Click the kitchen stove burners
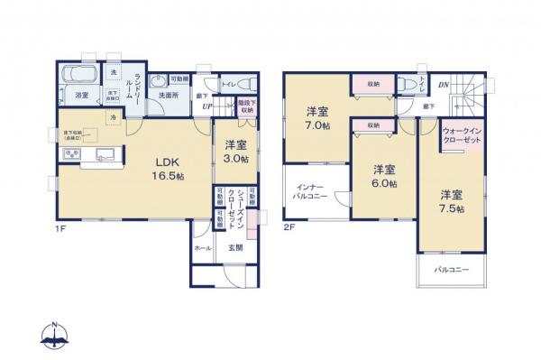tap(69, 155)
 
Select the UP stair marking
tap(207, 106)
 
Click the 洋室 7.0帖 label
tap(316, 118)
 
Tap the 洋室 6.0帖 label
tap(384, 175)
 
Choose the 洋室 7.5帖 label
tap(452, 201)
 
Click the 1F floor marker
tap(59, 227)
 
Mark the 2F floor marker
tap(289, 226)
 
